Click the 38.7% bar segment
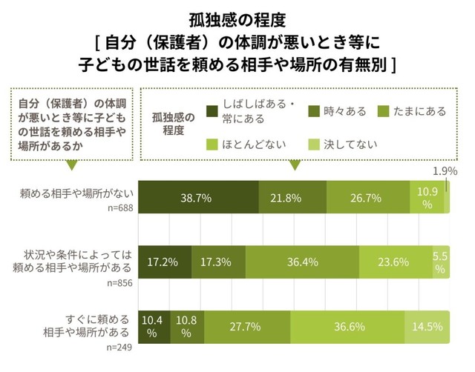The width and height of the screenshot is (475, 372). point(198,198)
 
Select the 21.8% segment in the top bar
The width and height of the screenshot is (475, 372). point(292,198)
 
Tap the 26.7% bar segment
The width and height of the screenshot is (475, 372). point(367,198)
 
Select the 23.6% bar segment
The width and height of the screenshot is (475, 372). point(396,262)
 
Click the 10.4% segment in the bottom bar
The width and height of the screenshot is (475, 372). point(154,327)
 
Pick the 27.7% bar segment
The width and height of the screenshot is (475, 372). point(247,327)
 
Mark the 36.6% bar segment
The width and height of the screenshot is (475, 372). point(347,327)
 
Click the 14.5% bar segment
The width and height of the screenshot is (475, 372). point(427,327)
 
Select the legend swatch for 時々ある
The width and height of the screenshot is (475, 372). point(314,112)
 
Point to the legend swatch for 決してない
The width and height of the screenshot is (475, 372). point(314,144)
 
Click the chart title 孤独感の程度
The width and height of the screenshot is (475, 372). point(237,16)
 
